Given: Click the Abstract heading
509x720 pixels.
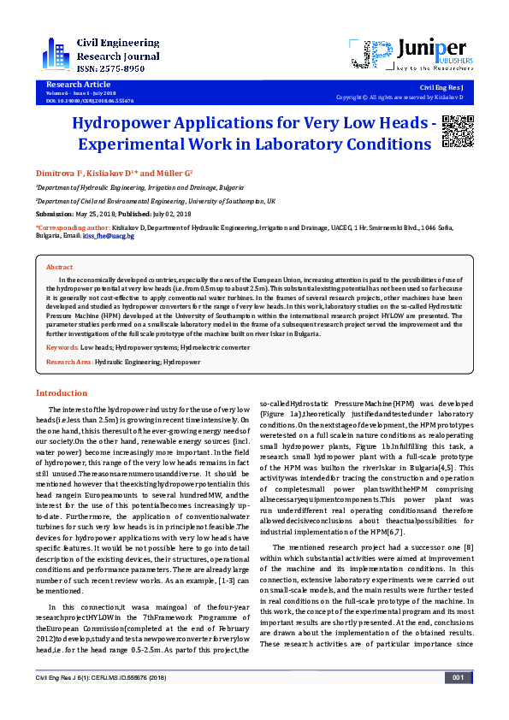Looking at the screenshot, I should (x=60, y=267).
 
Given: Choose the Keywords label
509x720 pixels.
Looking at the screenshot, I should (x=63, y=348).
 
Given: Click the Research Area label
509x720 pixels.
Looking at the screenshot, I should (x=68, y=363).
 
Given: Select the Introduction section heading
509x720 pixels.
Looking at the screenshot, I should (x=61, y=393).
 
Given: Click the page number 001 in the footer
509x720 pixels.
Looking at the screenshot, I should (x=458, y=702).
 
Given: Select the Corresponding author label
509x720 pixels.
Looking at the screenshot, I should (x=72, y=228).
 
